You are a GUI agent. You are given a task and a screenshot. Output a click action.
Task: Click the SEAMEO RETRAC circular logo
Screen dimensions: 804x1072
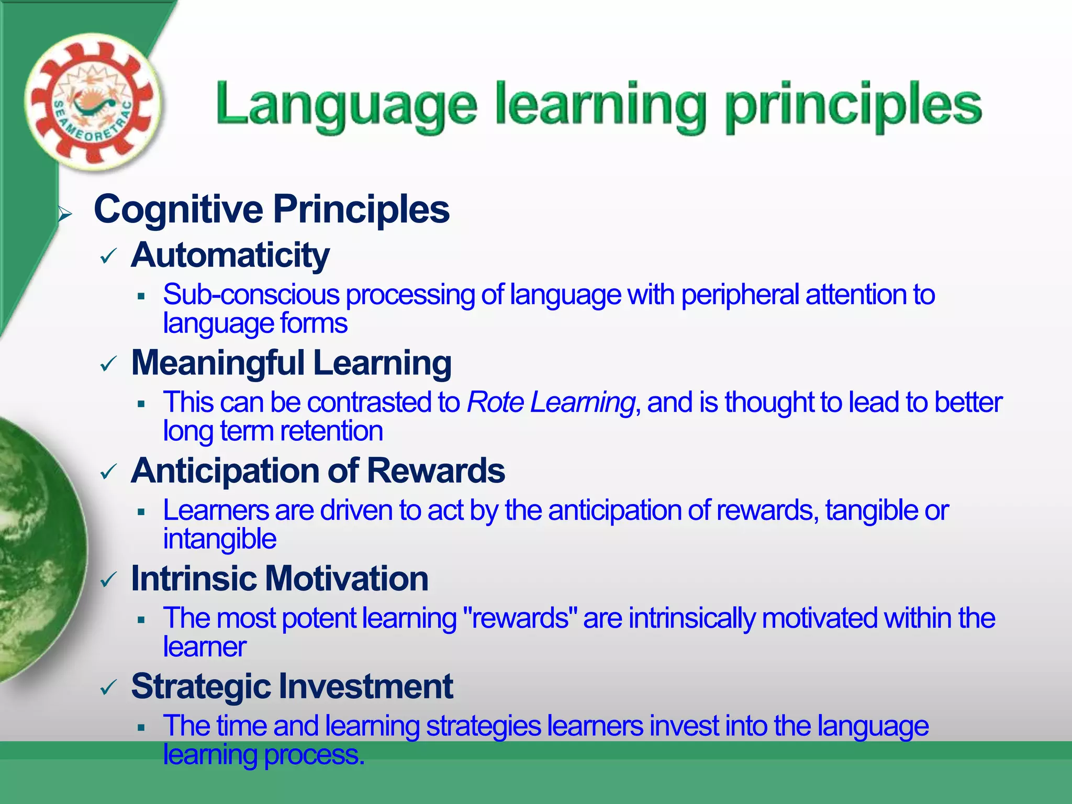(93, 103)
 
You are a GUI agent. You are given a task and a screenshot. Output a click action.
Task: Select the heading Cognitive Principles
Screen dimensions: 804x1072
(271, 209)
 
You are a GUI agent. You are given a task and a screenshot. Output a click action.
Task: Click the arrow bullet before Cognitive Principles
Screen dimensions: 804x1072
(65, 214)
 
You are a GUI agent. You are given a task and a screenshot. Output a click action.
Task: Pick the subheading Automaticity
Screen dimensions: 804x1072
(230, 255)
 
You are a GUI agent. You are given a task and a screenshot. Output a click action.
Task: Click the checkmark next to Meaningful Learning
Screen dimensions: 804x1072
(108, 364)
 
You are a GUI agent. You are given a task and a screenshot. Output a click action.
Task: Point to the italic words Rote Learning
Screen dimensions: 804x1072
(551, 403)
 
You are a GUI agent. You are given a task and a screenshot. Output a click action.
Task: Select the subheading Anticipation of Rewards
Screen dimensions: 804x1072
(318, 471)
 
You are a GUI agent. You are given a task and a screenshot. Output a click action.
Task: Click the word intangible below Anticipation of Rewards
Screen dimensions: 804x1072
(219, 539)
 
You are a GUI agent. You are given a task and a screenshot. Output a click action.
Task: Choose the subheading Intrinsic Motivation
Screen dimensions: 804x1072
(280, 579)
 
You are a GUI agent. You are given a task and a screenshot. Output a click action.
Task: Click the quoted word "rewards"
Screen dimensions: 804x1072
(520, 618)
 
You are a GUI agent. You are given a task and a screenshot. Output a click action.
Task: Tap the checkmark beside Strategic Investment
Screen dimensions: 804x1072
(108, 688)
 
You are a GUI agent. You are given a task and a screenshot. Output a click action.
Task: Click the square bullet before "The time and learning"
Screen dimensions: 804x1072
(141, 728)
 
